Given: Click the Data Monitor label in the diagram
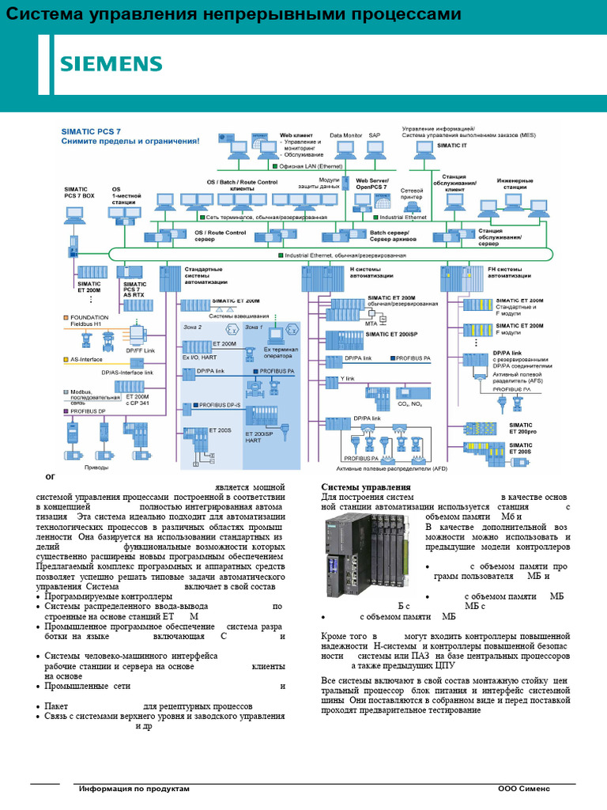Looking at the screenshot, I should point(345,135).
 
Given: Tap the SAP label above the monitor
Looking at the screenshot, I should point(375,135).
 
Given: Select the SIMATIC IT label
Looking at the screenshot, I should point(452,146).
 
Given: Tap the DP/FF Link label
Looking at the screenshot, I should point(140,349).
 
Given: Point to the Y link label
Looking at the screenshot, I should point(348,379).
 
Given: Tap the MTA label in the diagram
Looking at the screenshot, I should point(371,323).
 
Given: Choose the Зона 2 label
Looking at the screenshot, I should point(193,327).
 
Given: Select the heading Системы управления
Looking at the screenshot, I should point(365,486).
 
